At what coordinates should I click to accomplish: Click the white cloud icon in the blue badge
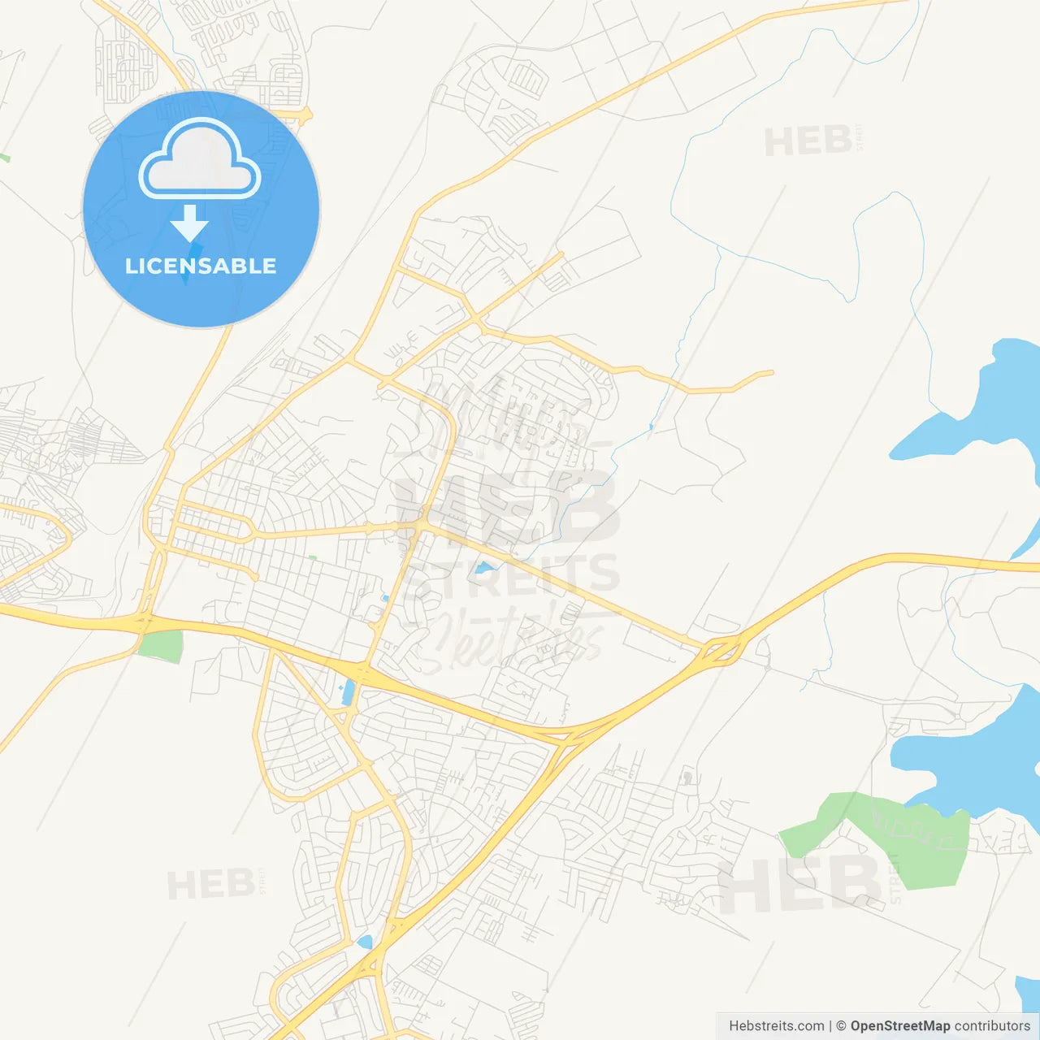coord(200,159)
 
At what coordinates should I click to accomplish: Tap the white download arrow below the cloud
coord(189,223)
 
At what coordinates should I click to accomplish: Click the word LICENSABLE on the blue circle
coord(201,266)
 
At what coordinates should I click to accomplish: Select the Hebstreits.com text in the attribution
coord(776,1026)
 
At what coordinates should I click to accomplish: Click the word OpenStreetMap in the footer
coord(900,1026)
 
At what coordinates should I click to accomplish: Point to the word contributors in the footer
coord(992,1026)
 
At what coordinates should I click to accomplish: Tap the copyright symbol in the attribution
coord(842,1026)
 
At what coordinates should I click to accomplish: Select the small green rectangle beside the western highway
coord(160,647)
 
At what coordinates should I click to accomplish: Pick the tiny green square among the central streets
coord(312,558)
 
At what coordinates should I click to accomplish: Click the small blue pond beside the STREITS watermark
coord(485,568)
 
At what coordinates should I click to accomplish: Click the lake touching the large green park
coord(967,756)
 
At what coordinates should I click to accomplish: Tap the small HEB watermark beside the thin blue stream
coord(808,142)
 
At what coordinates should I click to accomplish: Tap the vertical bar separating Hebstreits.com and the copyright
coord(830,1026)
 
